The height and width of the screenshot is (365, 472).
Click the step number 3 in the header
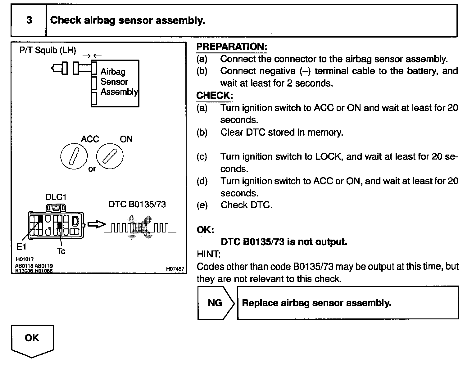click(29, 20)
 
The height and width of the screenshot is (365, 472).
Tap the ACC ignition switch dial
click(74, 156)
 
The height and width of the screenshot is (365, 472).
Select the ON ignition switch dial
click(110, 156)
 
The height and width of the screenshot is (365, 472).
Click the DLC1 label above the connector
click(56, 197)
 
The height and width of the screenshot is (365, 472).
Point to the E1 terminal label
click(21, 247)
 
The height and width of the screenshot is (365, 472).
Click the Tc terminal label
click(61, 251)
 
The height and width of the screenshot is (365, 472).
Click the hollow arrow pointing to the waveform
click(96, 224)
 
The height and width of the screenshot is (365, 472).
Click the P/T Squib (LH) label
click(48, 50)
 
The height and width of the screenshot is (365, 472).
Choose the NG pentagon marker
click(215, 303)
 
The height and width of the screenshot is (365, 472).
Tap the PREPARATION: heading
click(232, 47)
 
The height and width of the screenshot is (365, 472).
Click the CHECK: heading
click(215, 96)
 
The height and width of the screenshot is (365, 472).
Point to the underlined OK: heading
click(205, 230)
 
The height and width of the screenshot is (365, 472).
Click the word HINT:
click(209, 255)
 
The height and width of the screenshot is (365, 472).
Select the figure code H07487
click(175, 269)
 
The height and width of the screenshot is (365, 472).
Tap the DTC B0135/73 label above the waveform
click(137, 205)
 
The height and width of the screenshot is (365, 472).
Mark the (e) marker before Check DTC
click(202, 205)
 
